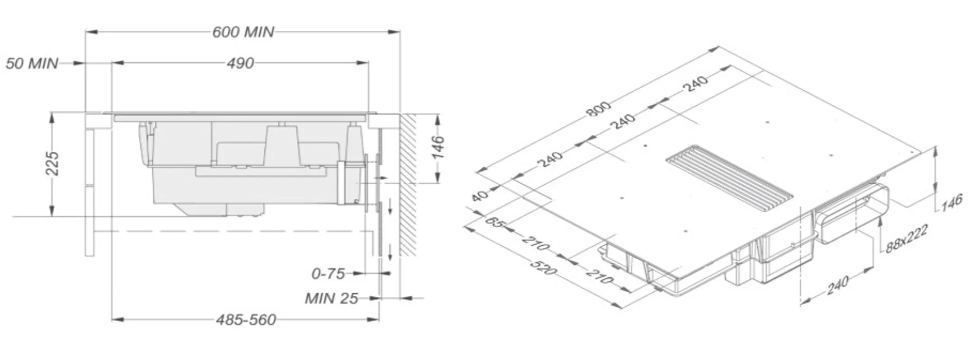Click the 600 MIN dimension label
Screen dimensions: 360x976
[243, 32]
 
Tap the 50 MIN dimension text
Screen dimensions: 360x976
[32, 63]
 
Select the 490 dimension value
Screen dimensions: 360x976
[240, 63]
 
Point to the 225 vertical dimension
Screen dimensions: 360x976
[52, 164]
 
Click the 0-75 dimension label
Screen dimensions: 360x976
[328, 273]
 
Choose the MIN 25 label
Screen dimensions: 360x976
[331, 298]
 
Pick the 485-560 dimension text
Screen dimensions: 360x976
[246, 320]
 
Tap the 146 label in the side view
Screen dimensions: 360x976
[437, 147]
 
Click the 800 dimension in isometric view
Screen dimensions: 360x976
[599, 109]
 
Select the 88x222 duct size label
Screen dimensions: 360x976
[906, 239]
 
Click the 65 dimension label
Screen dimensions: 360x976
[494, 222]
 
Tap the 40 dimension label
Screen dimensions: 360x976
[480, 196]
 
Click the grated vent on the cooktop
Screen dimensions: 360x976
[729, 178]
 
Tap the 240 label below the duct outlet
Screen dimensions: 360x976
[837, 285]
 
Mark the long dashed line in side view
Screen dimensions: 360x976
[235, 231]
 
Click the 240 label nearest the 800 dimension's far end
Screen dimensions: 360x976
[696, 84]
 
